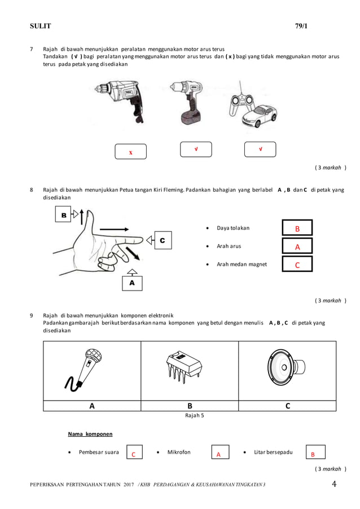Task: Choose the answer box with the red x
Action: (x=130, y=152)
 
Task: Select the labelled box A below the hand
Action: (x=132, y=282)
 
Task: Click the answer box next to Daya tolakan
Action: (x=297, y=228)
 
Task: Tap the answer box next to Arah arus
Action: (x=297, y=246)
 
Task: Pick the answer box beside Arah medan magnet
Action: (x=297, y=264)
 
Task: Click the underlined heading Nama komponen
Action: (x=90, y=434)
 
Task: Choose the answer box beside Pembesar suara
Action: (x=134, y=453)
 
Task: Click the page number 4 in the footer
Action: (x=334, y=484)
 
